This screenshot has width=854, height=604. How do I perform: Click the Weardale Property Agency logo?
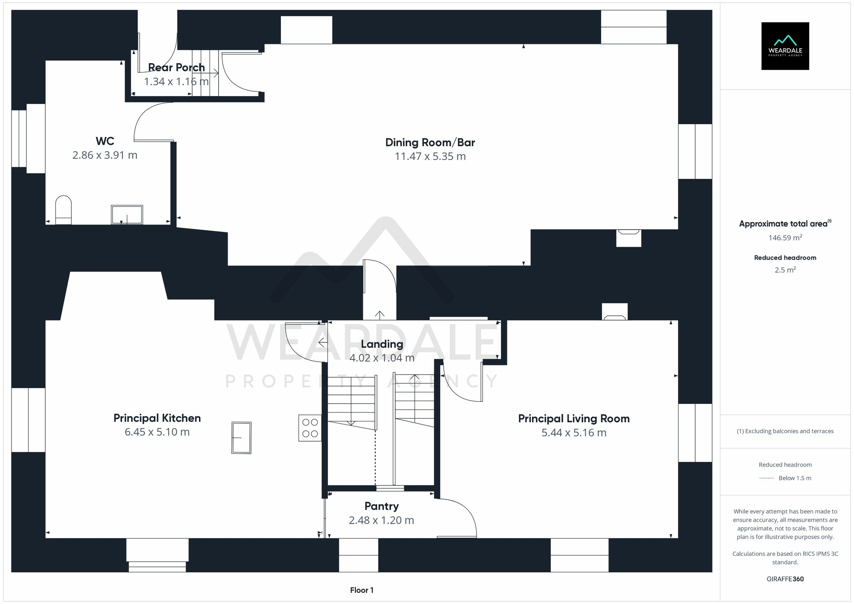[x=785, y=46]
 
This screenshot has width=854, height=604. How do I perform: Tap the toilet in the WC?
[x=64, y=210]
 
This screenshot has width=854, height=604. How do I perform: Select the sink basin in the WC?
[x=127, y=214]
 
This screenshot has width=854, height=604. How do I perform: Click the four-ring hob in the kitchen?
[x=310, y=428]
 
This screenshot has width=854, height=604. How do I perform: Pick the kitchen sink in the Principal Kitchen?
[x=241, y=438]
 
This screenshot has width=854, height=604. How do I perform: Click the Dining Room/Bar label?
[x=430, y=143]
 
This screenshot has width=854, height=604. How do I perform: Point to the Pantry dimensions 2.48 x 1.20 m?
[x=381, y=520]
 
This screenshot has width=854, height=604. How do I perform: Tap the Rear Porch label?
[x=176, y=67]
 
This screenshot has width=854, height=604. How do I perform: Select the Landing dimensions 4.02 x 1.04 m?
[x=382, y=358]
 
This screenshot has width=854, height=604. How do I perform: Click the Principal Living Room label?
[x=573, y=419]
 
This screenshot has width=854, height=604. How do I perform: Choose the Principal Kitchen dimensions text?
[x=157, y=432]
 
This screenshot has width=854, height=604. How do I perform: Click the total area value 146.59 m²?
[x=785, y=238]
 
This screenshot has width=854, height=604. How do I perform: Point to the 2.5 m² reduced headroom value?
[x=785, y=270]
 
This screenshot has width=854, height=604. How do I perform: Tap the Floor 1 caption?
[x=362, y=590]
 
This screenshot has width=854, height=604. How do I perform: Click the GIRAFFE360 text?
[x=785, y=579]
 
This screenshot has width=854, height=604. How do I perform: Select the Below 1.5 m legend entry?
[x=794, y=478]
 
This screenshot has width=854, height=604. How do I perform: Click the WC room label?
[x=105, y=141]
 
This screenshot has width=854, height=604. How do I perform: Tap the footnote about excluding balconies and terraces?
[x=785, y=431]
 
